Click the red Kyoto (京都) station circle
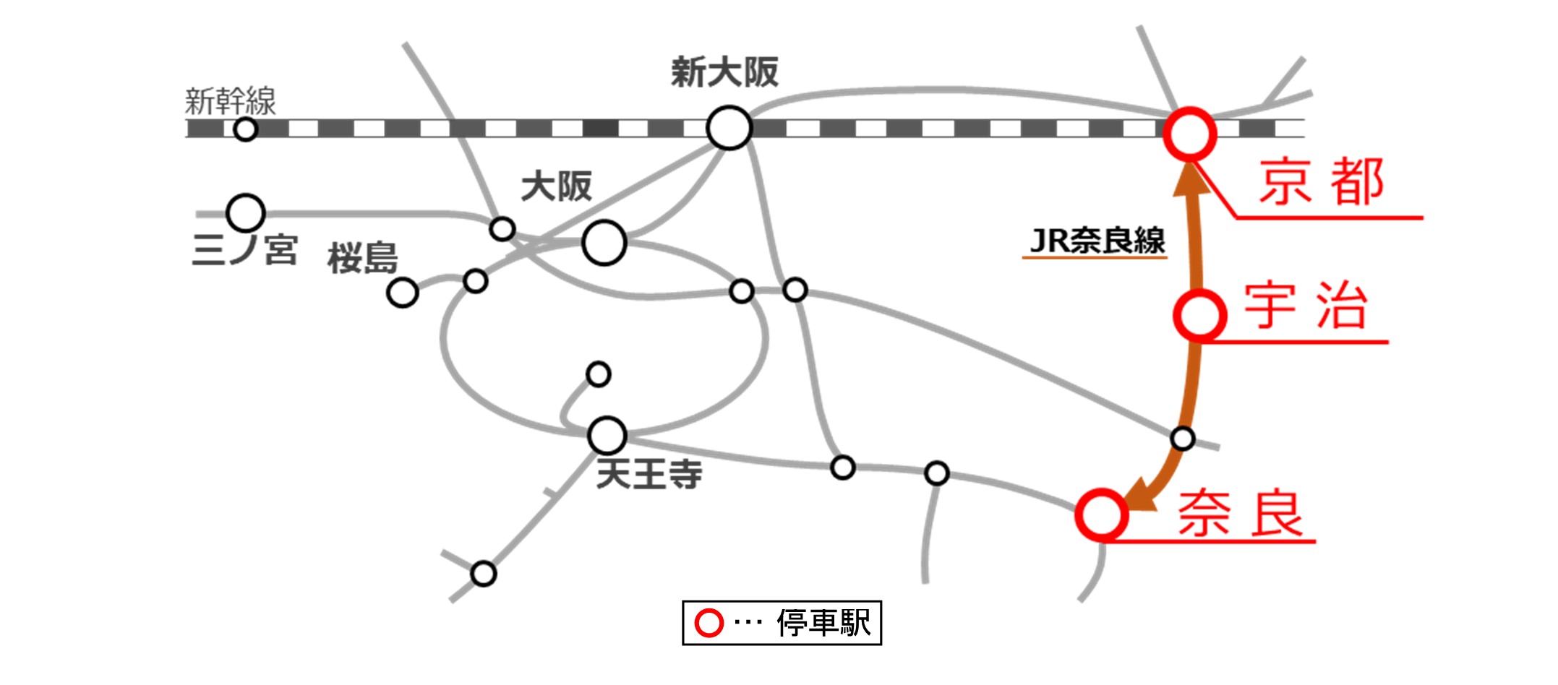[x=1189, y=134]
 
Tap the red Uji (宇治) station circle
[x=1199, y=315]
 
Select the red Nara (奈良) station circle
[x=1101, y=514]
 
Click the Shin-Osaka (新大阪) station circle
[x=729, y=128]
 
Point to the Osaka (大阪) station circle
[x=604, y=243]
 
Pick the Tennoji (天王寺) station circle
[x=607, y=435]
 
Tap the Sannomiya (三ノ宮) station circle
[x=246, y=213]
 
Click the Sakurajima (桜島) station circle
[x=403, y=293]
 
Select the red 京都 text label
[x=1322, y=182]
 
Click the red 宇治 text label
[x=1306, y=306]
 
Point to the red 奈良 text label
[x=1241, y=513]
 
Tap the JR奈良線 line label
[x=1097, y=241]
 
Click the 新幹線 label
[x=230, y=101]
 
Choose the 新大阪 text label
[x=724, y=72]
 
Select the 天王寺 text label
[x=649, y=475]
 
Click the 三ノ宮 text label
[x=244, y=250]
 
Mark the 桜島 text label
[x=362, y=258]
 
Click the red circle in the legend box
[x=709, y=623]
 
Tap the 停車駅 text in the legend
[x=823, y=623]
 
